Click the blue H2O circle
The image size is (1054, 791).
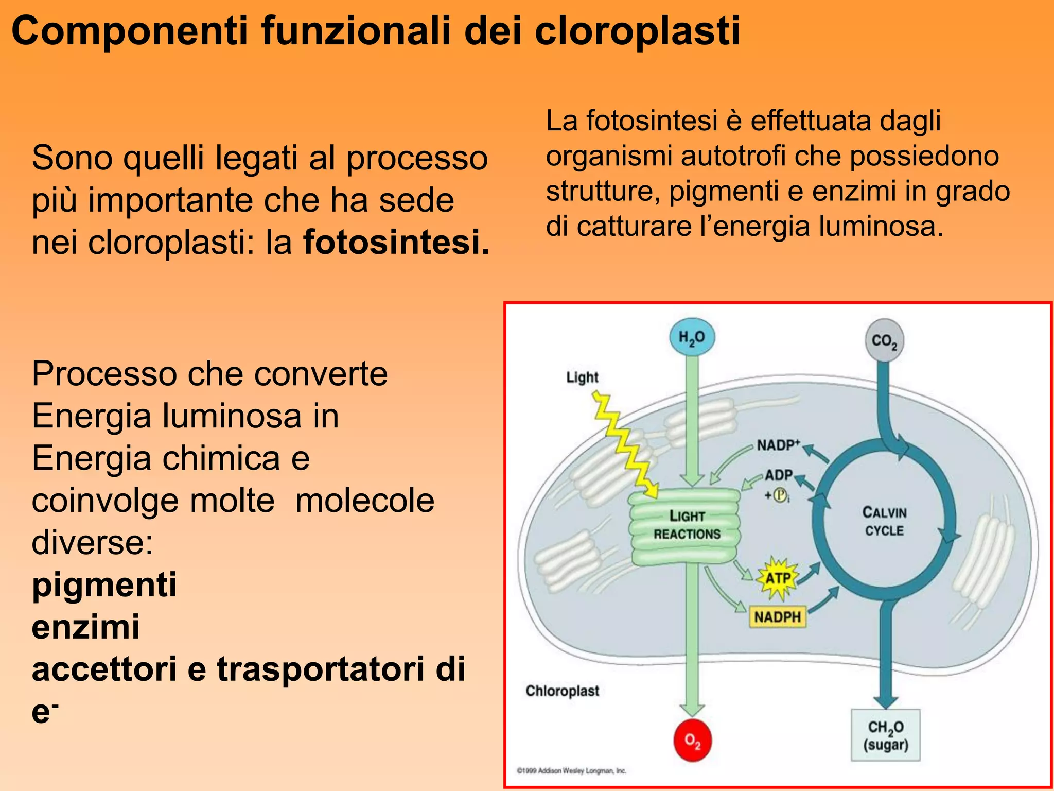click(x=692, y=337)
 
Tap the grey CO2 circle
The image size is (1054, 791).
click(x=884, y=341)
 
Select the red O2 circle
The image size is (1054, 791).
click(x=693, y=741)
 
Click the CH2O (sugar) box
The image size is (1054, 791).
click(x=885, y=735)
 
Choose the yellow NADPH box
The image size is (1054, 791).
click(x=777, y=616)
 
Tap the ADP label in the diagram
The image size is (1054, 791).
click(x=778, y=475)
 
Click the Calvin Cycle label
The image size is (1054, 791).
click(x=884, y=521)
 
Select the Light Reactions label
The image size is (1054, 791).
click(x=687, y=525)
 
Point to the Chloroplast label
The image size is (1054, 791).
click(x=562, y=691)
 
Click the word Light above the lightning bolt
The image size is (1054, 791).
click(x=582, y=377)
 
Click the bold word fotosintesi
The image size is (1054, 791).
click(x=396, y=242)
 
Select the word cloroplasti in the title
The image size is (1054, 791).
click(x=637, y=31)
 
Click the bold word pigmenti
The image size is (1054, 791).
click(x=104, y=585)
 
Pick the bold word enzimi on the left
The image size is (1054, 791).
click(x=85, y=627)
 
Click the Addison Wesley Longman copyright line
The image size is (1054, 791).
click(x=571, y=771)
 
